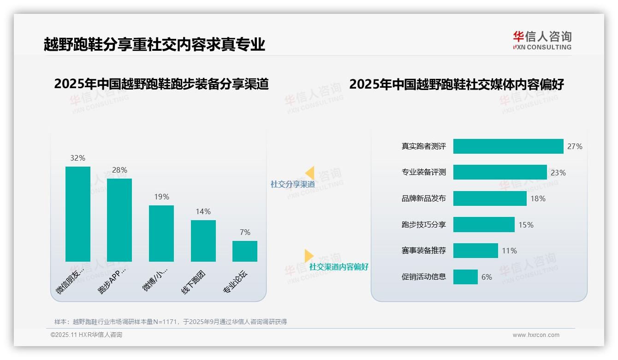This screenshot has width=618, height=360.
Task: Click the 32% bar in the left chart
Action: (x=78, y=214)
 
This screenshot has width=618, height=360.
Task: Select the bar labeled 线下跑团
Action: (x=203, y=241)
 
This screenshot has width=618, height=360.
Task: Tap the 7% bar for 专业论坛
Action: (x=245, y=251)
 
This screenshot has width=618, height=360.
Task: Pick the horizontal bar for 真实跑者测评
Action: (x=508, y=146)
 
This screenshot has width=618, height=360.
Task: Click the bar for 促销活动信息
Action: (x=465, y=277)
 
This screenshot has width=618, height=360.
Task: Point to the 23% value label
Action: (x=558, y=173)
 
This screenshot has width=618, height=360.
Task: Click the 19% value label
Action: (x=161, y=197)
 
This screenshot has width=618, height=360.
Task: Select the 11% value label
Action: (x=509, y=251)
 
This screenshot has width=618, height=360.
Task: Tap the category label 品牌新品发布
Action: (x=424, y=198)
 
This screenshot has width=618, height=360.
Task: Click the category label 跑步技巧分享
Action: (x=424, y=225)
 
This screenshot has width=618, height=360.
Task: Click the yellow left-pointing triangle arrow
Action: (x=310, y=173)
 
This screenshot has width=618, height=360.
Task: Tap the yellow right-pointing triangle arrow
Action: (x=309, y=255)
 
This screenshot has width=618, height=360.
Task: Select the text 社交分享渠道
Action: (x=292, y=184)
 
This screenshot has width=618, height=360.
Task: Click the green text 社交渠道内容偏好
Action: (x=339, y=267)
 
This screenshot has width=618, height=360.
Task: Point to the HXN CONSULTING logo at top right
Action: (x=542, y=41)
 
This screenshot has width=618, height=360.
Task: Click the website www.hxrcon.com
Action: (x=535, y=335)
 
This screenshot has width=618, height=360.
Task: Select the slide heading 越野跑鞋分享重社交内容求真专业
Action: (x=154, y=44)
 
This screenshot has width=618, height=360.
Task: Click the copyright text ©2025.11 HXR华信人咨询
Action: (x=86, y=335)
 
